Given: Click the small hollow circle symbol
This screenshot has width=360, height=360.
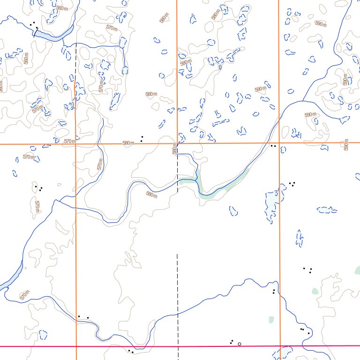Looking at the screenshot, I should coord(240,344).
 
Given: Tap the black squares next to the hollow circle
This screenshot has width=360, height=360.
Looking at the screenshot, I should coord(232,342).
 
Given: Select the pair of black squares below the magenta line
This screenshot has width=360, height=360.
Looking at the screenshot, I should coord(131,351).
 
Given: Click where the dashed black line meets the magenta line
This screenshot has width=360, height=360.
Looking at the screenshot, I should coord(178,346).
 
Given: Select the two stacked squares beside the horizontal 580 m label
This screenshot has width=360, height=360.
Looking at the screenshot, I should coord(142,138).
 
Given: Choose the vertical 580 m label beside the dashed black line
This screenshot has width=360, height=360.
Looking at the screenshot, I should coord(174,149).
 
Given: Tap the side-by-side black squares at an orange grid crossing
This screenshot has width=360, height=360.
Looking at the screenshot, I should coord(273,146).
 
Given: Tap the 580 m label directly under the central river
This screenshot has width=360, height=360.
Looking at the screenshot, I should coord(151,194).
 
